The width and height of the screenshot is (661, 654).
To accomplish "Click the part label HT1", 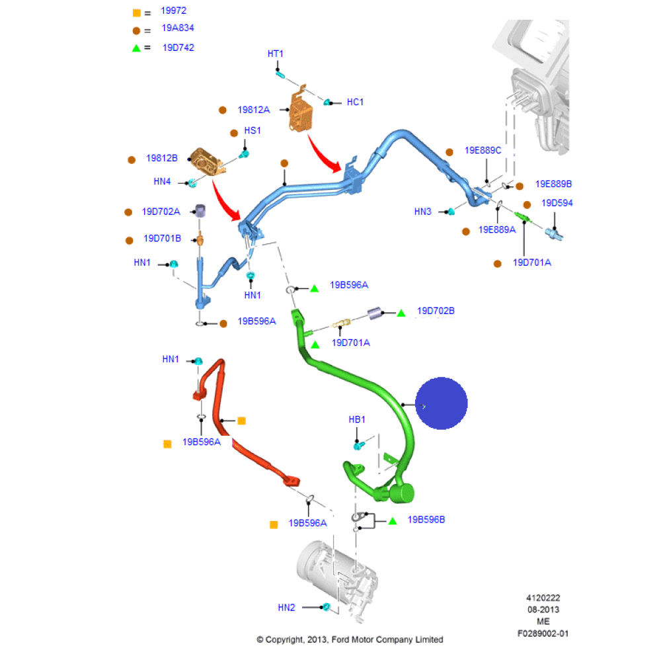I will coord(275,54).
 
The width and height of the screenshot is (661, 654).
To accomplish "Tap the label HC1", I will coord(355,102).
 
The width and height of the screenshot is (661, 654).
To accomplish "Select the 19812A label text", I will coord(254,110).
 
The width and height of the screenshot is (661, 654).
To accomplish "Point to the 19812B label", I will coord(162,159).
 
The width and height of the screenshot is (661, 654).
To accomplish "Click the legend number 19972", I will coord(174,12).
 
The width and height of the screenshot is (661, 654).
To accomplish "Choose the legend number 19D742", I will coord(178,48).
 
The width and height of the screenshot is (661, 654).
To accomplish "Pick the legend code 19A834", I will coord(178,28).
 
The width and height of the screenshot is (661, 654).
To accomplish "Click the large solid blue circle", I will coord(441,403).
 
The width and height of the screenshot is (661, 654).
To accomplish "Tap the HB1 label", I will coord(357,419).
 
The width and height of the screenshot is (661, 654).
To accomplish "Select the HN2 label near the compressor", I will coord(286,607).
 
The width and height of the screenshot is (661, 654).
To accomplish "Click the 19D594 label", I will coord(557,203).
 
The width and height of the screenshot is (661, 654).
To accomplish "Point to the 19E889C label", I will coord(483,150).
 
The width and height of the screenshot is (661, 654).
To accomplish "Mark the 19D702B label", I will coord(436,311).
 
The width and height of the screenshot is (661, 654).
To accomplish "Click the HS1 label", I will coord(253,131).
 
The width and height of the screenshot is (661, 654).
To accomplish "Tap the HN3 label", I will coord(423,212).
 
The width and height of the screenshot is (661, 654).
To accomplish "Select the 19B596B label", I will coord(426,520).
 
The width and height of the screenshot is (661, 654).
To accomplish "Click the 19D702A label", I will coord(161,212).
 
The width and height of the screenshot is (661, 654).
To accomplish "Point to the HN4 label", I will coord(162,181).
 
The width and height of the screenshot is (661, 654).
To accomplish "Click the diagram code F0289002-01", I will coord(543,634).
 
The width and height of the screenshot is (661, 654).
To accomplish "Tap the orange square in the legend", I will coord(137,13).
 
